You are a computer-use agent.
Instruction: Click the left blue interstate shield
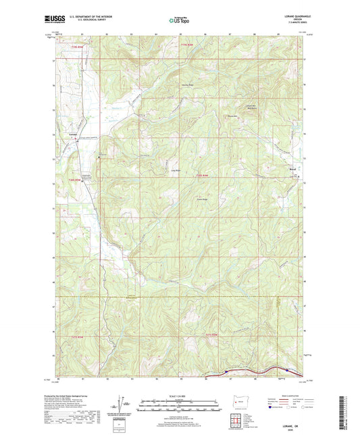(x=226, y=370)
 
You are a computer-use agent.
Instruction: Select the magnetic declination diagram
(x=120, y=406)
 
